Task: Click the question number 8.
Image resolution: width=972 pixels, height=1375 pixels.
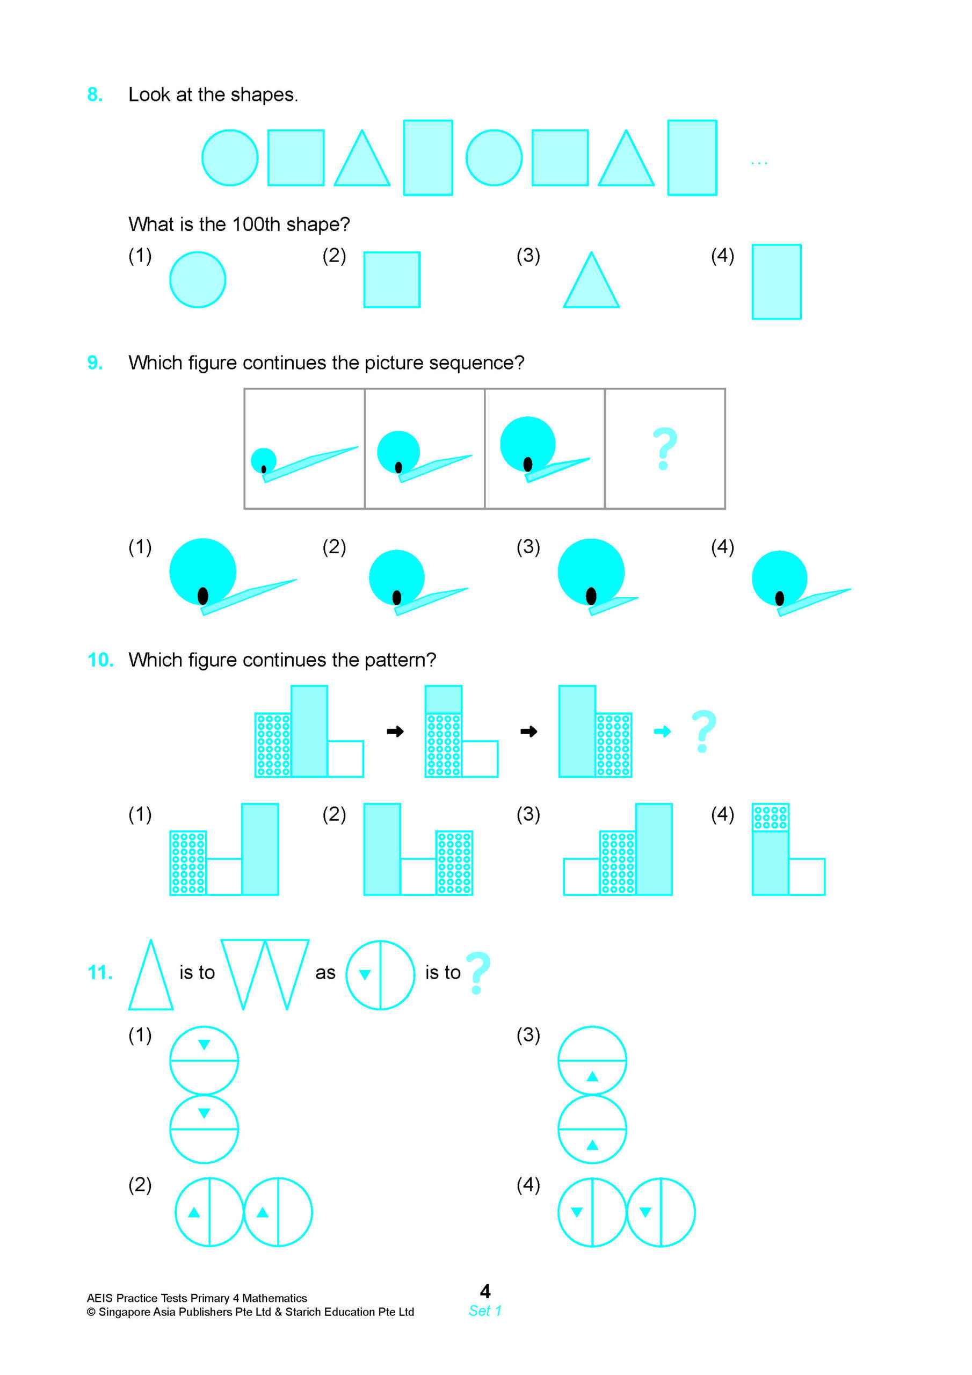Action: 95,95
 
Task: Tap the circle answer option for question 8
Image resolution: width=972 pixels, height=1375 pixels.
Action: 198,280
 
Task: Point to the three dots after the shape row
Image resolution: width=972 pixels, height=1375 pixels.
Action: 758,163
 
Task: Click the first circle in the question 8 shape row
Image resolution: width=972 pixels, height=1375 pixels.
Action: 229,158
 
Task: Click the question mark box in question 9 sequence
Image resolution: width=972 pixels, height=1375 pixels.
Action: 664,448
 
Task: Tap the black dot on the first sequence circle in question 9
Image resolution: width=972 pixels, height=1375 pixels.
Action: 264,469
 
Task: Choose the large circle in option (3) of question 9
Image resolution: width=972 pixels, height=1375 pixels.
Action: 591,572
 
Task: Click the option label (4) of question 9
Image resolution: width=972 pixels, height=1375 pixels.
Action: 722,547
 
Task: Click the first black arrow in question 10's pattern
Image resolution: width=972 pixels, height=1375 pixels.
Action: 395,731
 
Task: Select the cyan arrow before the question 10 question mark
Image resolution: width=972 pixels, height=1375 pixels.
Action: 662,731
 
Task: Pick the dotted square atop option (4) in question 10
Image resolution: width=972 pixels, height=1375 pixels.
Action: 770,817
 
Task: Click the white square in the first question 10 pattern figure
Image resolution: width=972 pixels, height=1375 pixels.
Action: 345,759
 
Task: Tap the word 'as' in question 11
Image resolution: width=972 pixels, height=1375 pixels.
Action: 325,973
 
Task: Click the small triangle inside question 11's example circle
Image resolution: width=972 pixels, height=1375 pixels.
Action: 364,974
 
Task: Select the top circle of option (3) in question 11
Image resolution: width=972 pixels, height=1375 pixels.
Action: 592,1061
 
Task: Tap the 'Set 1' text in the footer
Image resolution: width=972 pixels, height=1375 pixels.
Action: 485,1311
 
